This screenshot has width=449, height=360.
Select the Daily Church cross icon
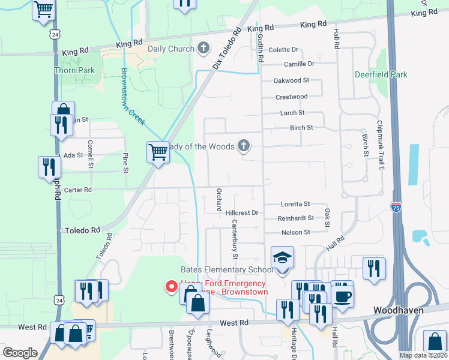point(203,48)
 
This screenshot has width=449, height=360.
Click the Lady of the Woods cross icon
point(243,145)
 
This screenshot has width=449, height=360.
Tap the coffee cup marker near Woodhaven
point(342,296)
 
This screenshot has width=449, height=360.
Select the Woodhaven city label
point(399,310)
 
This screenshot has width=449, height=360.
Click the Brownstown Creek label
point(133,96)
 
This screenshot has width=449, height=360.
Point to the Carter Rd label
point(79,190)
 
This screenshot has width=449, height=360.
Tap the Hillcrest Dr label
point(241,212)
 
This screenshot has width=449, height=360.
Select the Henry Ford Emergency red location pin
point(170,287)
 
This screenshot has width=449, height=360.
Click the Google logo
point(20,352)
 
